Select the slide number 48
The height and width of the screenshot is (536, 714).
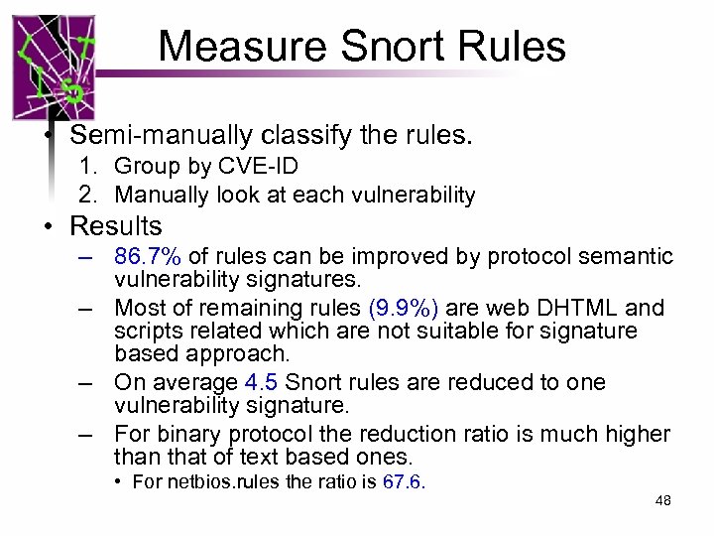[663, 501]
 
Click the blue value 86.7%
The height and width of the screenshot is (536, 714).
[148, 257]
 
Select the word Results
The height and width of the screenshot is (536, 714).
[115, 226]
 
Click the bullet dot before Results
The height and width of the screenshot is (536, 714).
[49, 227]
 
